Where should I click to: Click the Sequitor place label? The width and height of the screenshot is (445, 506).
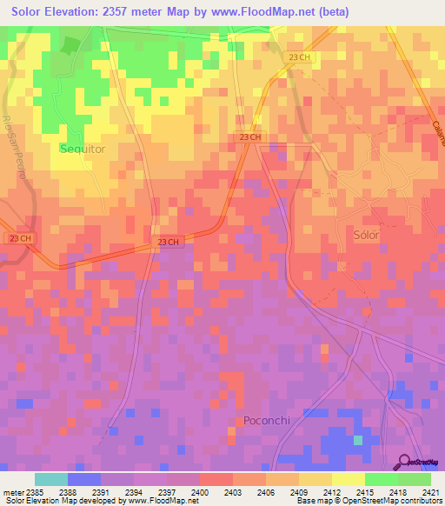83,149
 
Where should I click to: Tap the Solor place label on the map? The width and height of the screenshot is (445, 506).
368,235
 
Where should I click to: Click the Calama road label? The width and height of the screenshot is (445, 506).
435,131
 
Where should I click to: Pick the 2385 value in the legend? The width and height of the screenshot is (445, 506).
33,491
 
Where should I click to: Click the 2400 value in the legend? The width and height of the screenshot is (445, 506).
200,491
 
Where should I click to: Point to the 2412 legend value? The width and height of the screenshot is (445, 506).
332,491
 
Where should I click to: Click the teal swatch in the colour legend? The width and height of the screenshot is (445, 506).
50,479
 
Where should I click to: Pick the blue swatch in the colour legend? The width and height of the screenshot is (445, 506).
83,479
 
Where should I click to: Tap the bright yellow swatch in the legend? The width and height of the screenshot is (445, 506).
348,479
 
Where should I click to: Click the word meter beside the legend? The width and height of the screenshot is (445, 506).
10,491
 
